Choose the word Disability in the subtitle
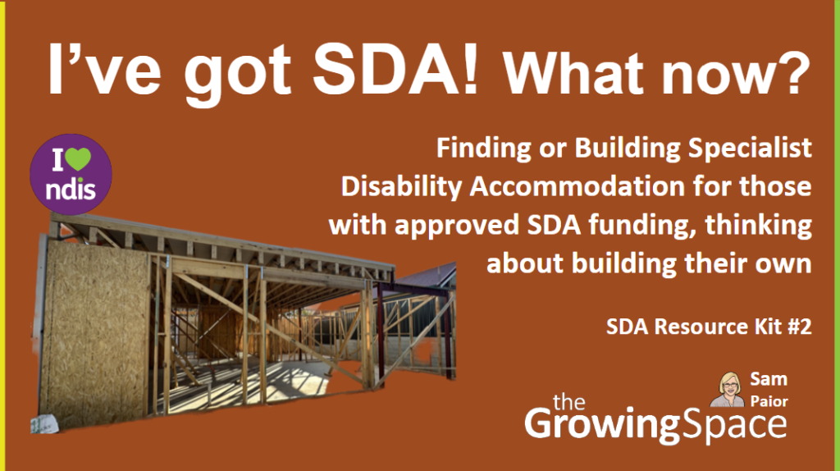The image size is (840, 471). pos(393,188)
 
